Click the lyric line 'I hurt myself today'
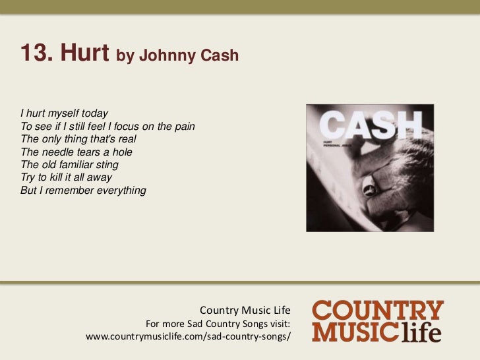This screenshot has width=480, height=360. (x=64, y=113)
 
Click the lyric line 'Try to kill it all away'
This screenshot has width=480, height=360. (x=67, y=178)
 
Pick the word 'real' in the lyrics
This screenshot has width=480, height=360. (x=122, y=139)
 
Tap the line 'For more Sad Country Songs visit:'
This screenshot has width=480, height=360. (x=218, y=323)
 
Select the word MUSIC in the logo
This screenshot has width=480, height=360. (x=355, y=332)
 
